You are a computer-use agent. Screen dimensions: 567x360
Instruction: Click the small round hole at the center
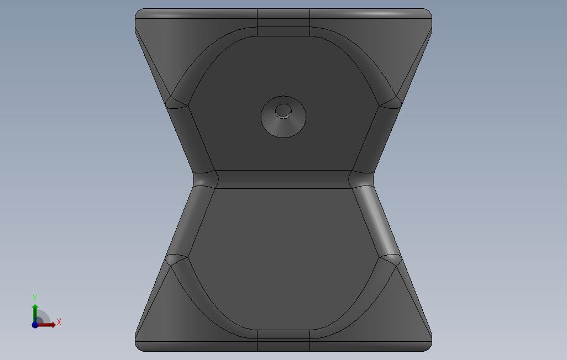pyautogui.click(x=283, y=111)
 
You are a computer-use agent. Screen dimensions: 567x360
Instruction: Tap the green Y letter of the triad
pyautogui.click(x=35, y=298)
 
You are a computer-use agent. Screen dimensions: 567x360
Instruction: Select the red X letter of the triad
pyautogui.click(x=59, y=322)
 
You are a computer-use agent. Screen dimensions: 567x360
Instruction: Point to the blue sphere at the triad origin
pyautogui.click(x=35, y=325)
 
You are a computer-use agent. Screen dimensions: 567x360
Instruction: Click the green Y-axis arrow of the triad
pyautogui.click(x=35, y=313)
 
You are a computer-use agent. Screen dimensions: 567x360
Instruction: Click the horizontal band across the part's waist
pyautogui.click(x=283, y=179)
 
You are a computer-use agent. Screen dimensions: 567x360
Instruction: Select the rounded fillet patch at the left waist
pyautogui.click(x=206, y=179)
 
